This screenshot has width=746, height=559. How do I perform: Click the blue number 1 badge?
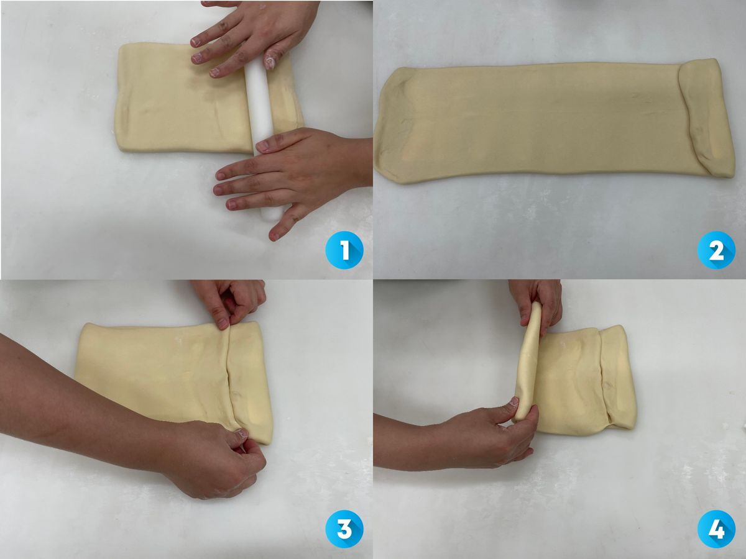pos(344,250)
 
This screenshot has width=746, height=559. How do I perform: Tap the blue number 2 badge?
pos(716,250)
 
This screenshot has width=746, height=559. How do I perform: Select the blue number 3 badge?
pos(344,529)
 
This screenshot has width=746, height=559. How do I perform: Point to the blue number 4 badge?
pos(716,529)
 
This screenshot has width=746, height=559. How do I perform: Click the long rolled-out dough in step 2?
pos(554,124)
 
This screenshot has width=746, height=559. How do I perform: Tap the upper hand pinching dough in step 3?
pos(231,302)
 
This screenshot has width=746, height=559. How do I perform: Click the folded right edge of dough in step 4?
pos(617,377)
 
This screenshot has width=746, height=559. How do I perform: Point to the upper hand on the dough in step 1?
pos(252,37)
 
